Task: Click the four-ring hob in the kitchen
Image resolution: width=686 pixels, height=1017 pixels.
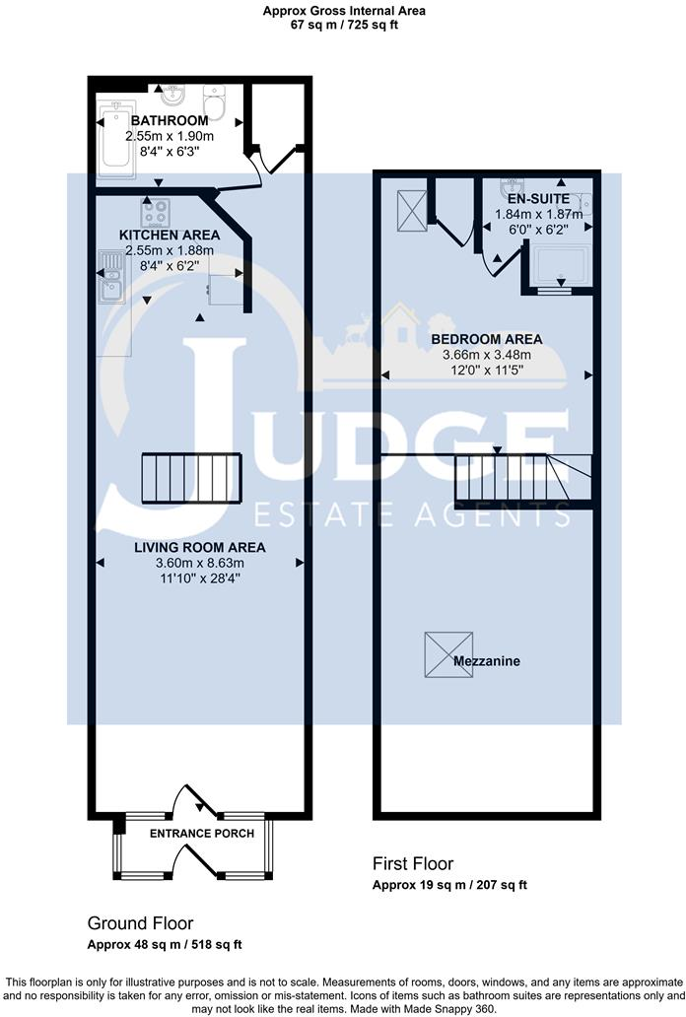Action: coord(156,212)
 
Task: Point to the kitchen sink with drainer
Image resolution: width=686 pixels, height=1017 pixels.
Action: coord(110,276)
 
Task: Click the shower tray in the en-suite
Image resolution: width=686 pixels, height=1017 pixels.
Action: coord(560,265)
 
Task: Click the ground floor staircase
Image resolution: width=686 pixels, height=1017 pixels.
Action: coord(192,478)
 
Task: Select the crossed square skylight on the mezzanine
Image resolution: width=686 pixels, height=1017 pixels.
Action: coord(441,654)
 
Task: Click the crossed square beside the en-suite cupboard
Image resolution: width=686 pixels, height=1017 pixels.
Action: coord(410,208)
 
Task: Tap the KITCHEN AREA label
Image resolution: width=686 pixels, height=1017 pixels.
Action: coord(170,236)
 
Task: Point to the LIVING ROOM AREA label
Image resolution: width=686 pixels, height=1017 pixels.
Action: coord(200,547)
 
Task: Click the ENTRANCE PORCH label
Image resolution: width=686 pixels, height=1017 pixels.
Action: coord(201,834)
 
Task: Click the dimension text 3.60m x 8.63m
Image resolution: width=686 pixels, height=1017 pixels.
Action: coord(200,563)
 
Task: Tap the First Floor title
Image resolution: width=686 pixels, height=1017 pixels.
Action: coord(405,863)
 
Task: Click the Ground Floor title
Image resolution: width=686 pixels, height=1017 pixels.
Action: coord(140,923)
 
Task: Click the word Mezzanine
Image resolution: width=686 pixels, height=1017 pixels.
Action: coord(487,660)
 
